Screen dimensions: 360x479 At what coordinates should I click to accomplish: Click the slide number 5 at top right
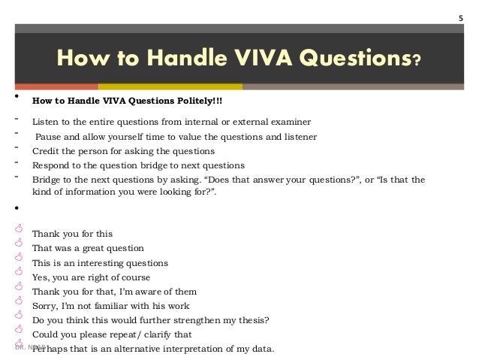461,18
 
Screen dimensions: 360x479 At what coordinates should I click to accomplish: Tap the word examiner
288,122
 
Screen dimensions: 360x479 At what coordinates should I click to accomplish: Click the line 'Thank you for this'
72,234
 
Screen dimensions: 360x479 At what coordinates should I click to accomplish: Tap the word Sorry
45,306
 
